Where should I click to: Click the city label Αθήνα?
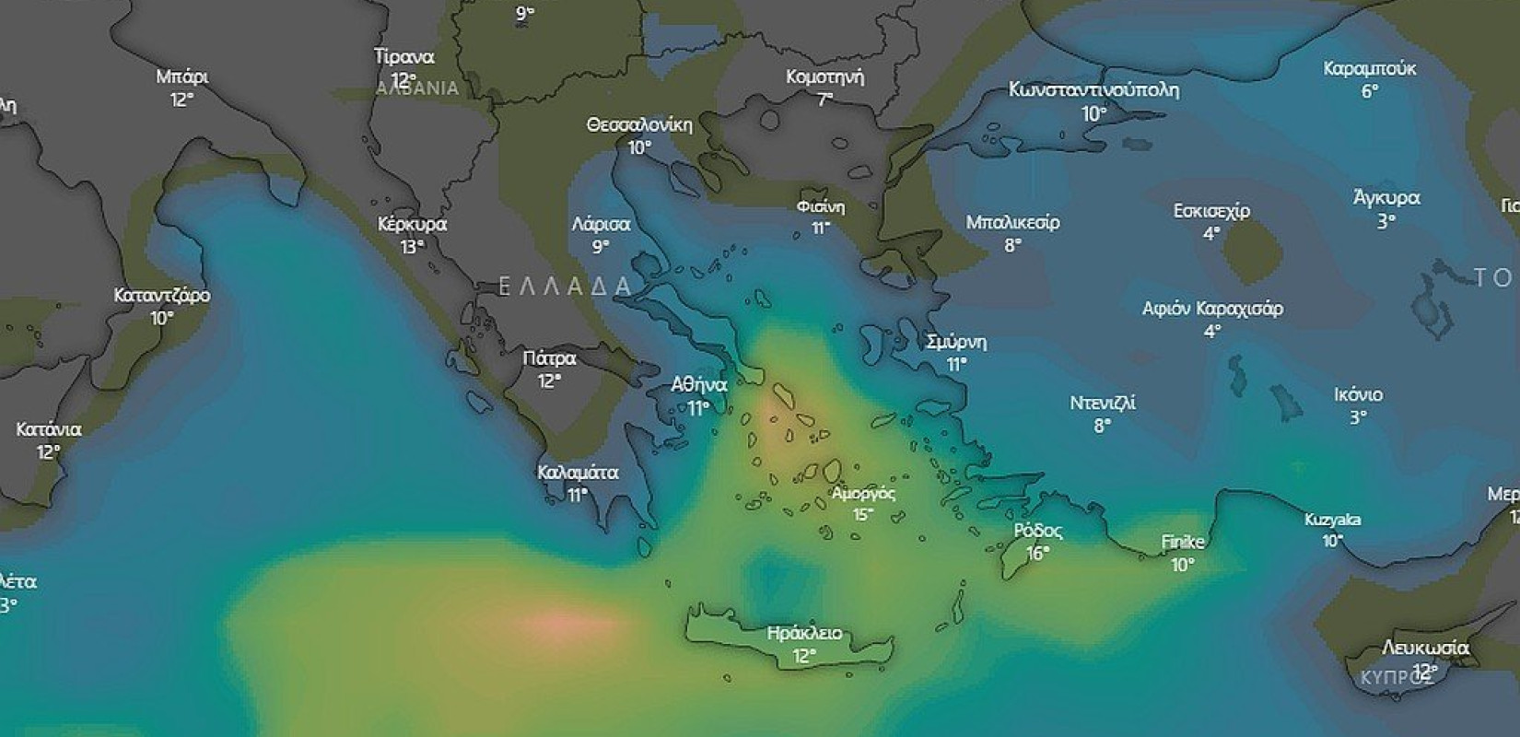tap(699, 385)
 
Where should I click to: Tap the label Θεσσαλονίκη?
tap(639, 124)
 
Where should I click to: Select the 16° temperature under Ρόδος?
tap(1038, 554)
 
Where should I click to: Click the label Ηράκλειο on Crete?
tap(804, 633)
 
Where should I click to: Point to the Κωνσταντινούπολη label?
tap(1093, 90)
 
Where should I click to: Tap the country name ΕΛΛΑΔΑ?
tap(565, 287)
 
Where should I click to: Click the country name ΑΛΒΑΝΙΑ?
tap(417, 88)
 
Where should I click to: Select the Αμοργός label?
tap(863, 493)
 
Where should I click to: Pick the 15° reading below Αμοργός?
tap(862, 515)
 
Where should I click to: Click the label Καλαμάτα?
tap(578, 473)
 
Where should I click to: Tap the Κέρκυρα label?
tap(412, 224)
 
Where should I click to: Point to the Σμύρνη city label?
tap(956, 342)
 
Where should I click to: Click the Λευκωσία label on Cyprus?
tap(1425, 648)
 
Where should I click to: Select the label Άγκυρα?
tap(1386, 198)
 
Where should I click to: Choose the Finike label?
tap(1183, 542)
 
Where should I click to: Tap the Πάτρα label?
tap(549, 358)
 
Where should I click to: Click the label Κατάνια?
tap(48, 429)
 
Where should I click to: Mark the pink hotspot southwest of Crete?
tap(555, 623)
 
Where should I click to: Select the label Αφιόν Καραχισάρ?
tap(1212, 309)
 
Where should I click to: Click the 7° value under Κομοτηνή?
tap(824, 99)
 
